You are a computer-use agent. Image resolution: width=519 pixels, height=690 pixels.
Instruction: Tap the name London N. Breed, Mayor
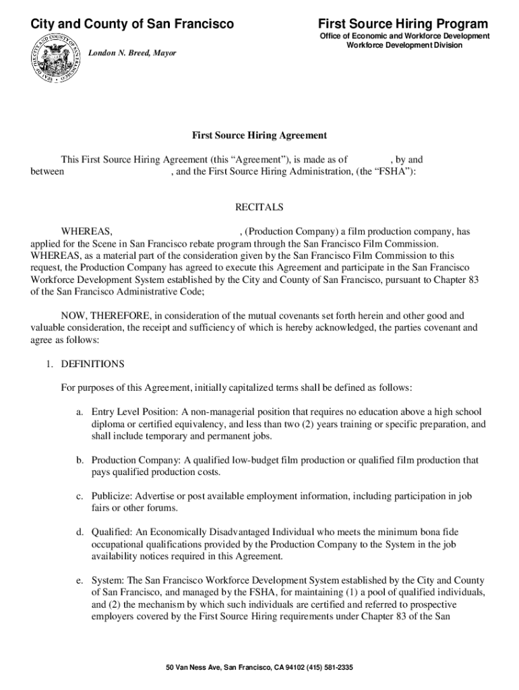click(x=133, y=53)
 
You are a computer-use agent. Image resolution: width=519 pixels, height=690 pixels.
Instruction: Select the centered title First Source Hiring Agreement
click(x=259, y=135)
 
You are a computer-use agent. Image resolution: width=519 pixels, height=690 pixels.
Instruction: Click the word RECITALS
click(x=259, y=207)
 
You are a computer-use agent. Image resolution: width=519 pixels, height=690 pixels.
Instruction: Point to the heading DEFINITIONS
click(x=93, y=364)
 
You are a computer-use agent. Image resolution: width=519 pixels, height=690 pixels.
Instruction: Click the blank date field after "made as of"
click(x=369, y=160)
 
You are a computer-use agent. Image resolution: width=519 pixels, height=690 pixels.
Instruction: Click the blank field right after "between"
click(x=117, y=172)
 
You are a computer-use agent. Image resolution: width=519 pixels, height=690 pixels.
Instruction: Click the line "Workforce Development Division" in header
click(x=404, y=45)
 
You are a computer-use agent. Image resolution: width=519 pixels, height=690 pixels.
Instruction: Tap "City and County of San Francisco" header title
click(x=132, y=24)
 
